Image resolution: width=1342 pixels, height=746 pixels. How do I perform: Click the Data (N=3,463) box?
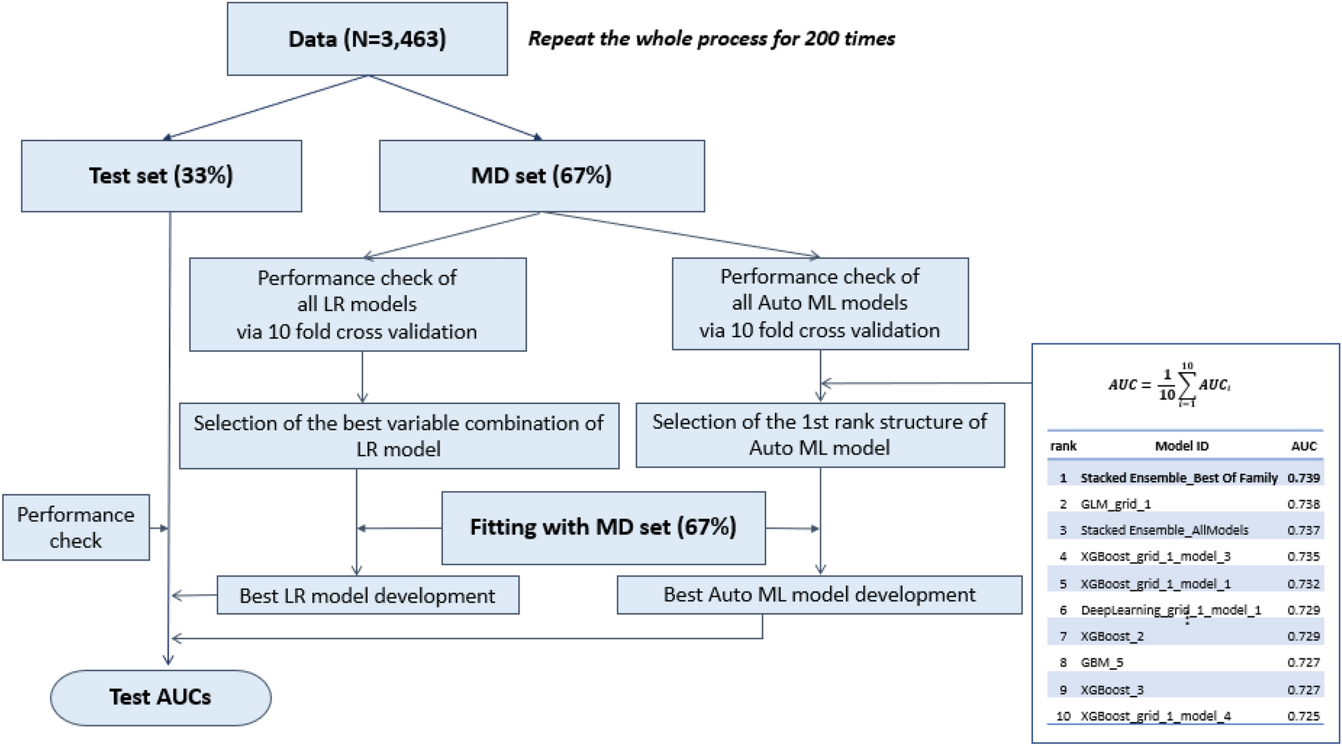coord(367,39)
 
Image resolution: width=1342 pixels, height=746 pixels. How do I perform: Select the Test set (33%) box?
coord(161,176)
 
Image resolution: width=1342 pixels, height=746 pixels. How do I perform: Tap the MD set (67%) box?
coord(542,176)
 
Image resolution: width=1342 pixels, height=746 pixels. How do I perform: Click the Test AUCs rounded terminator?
coord(160,697)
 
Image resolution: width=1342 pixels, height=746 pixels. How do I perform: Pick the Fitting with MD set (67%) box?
coord(603,528)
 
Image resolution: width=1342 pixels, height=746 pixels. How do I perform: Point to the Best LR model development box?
coord(368,595)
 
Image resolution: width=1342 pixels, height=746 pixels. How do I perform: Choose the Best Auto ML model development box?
coord(819,595)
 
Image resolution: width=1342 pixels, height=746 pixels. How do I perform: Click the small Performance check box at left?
coord(76,527)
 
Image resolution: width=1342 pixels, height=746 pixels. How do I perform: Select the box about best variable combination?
coord(399,436)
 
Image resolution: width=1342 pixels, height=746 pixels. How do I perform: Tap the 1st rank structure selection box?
coord(820,435)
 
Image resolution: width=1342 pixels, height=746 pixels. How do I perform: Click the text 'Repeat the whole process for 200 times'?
coord(711,39)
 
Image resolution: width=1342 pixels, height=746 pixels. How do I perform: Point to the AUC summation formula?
coord(1169,385)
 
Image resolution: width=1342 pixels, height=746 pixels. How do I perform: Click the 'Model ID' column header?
coord(1182,446)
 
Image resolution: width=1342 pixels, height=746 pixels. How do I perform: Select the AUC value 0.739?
coord(1303,478)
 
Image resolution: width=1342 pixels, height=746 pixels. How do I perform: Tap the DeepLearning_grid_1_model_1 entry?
coord(1170,610)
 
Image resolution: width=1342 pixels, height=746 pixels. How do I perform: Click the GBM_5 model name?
coord(1102,662)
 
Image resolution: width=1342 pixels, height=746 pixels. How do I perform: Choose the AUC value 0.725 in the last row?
coord(1303,716)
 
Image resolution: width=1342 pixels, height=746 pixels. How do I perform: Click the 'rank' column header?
coord(1063,446)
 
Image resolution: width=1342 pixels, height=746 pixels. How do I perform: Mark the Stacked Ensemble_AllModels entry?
coord(1164,531)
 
